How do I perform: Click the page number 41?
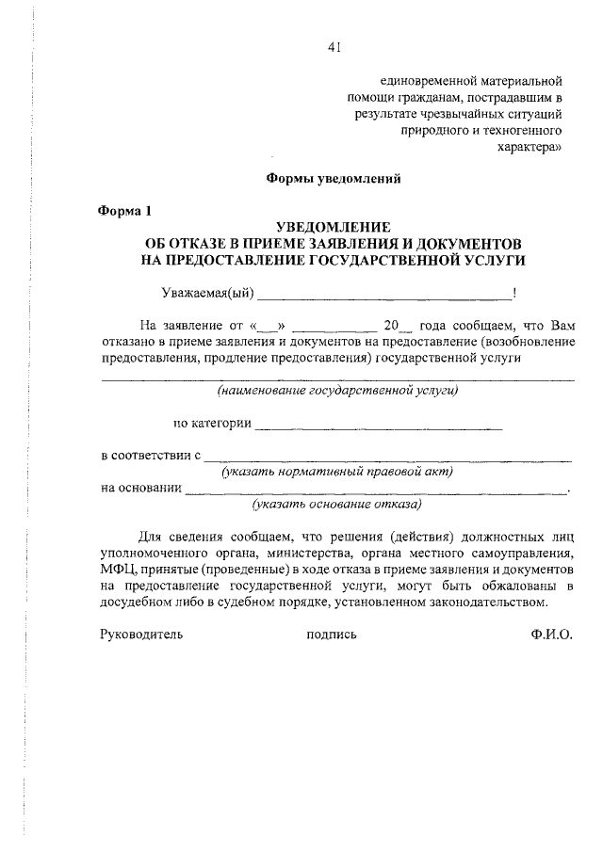(334, 49)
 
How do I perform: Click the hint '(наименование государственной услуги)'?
(337, 389)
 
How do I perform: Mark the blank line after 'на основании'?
(377, 490)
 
